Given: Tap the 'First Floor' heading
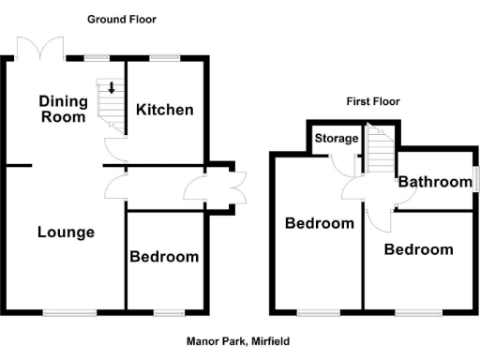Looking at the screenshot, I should click(x=372, y=101).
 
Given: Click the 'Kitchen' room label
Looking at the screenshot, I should click(x=165, y=110).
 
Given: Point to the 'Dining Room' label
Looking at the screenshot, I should click(x=63, y=109).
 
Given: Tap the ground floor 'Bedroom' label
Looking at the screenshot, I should click(x=164, y=257).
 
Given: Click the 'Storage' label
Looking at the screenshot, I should click(x=336, y=139).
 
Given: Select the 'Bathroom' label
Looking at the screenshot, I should click(x=433, y=182).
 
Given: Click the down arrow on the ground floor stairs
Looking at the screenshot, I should click(x=112, y=89).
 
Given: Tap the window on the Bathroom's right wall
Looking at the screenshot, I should click(x=475, y=178).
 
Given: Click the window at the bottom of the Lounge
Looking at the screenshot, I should click(x=68, y=311).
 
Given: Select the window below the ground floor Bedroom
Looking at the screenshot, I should click(x=169, y=311).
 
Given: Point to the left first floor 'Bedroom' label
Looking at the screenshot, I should click(x=320, y=223).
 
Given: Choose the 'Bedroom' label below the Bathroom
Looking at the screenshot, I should click(x=419, y=249).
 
